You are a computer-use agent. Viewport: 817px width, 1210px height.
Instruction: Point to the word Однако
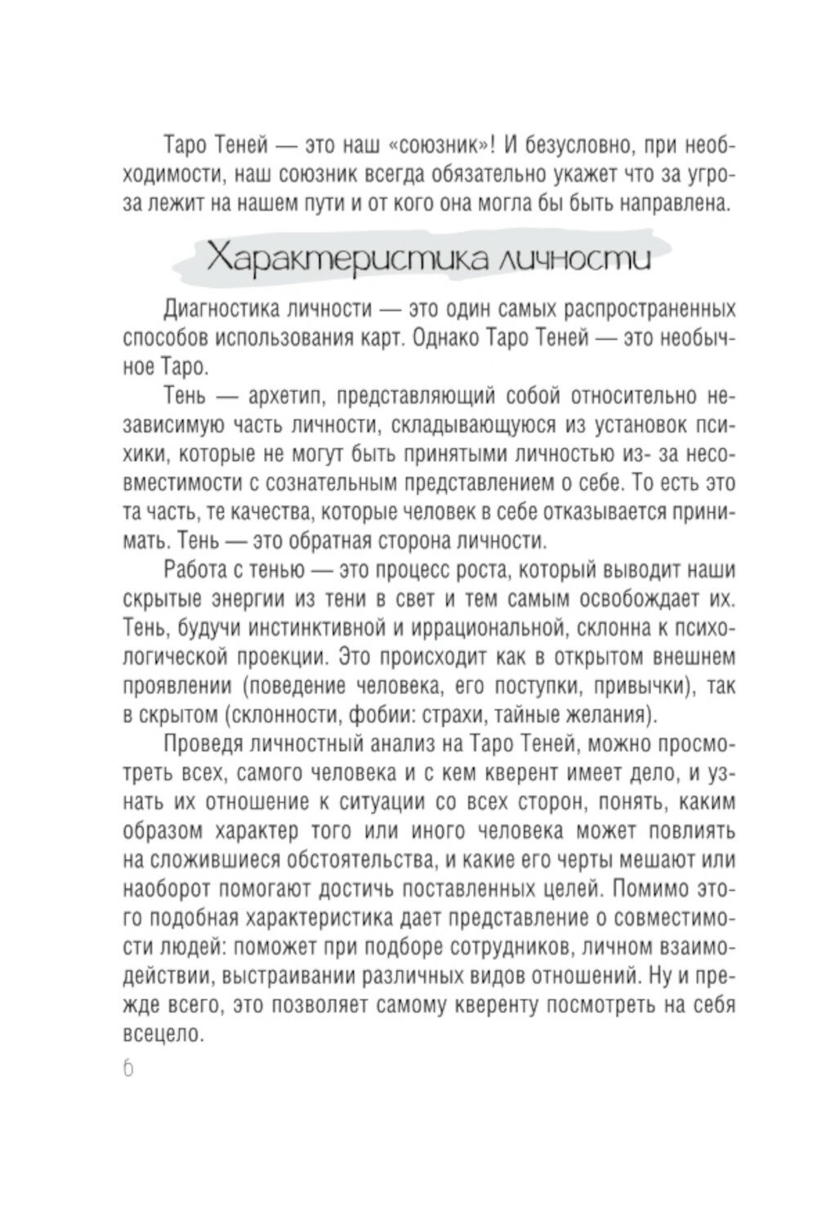click(x=443, y=338)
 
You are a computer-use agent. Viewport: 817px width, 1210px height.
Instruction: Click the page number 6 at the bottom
click(x=129, y=1070)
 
